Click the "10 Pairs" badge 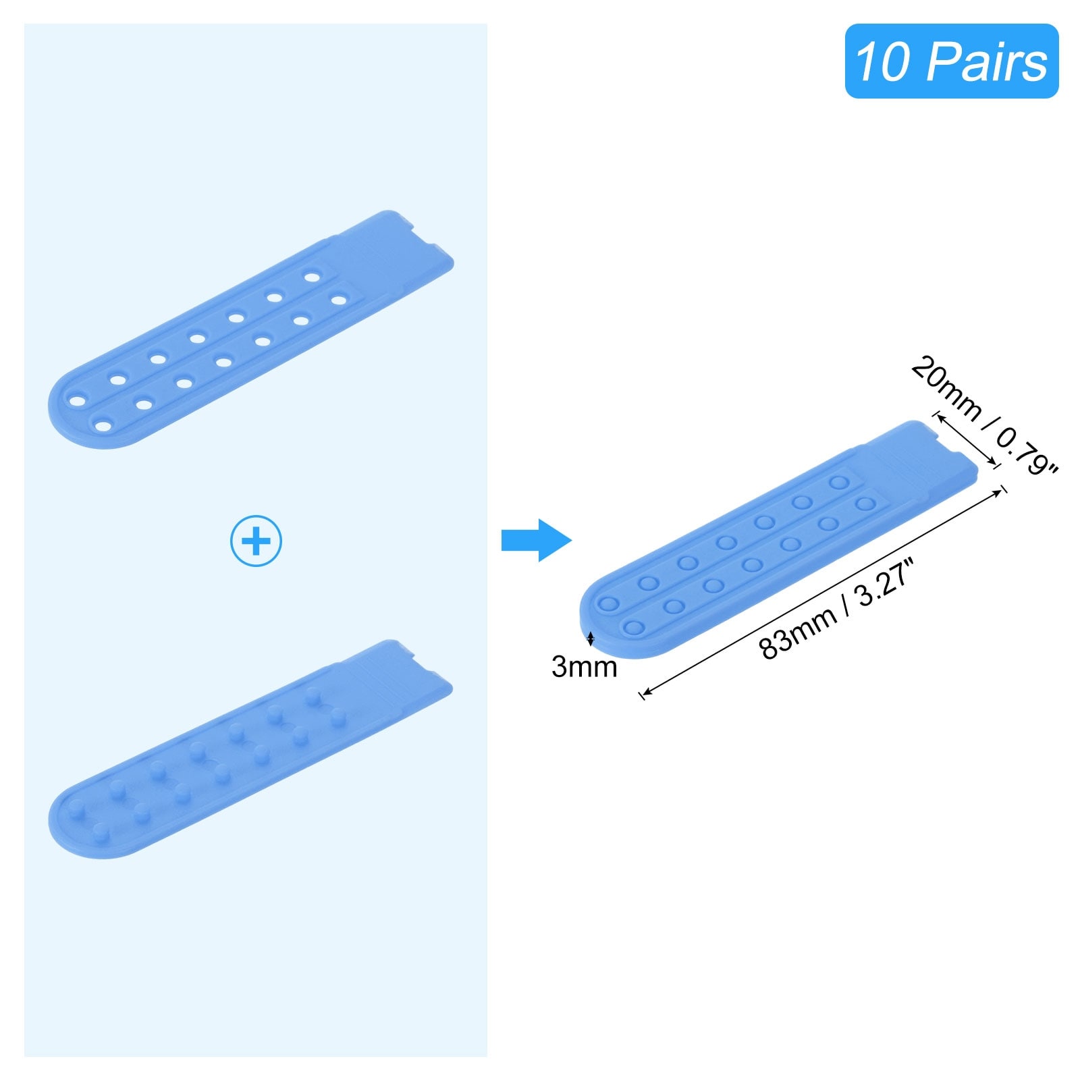tap(952, 61)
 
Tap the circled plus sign tap(256, 541)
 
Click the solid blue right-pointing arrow tap(537, 540)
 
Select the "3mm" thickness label tap(585, 667)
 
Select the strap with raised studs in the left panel tap(250, 749)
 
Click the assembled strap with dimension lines tap(779, 539)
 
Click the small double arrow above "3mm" tap(591, 639)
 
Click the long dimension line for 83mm tap(823, 591)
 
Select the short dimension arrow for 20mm tap(965, 440)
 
